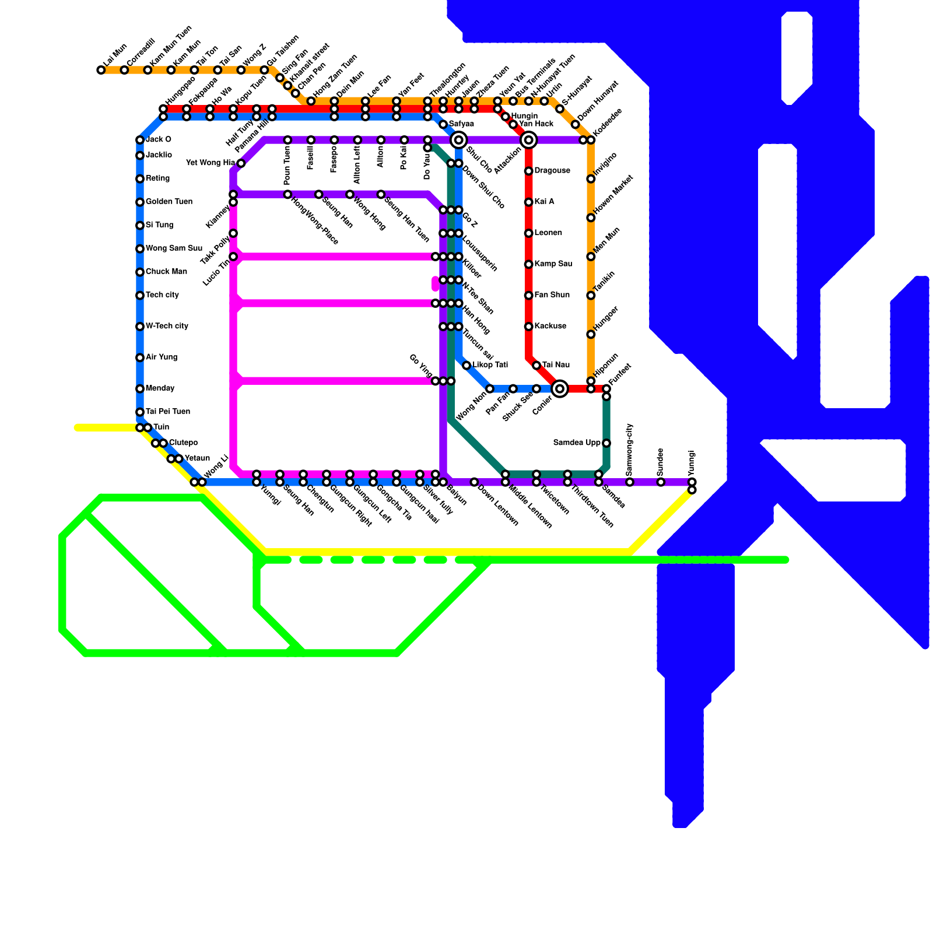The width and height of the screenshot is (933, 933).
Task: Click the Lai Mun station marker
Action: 101,70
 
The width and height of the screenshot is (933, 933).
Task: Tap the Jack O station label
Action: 158,140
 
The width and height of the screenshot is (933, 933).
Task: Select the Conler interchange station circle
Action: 560,388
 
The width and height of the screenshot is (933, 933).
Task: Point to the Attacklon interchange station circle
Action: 529,140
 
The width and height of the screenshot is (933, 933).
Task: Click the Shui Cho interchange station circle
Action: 459,140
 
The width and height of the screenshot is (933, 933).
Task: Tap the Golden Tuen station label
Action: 169,202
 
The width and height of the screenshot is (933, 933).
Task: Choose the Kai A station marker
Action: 529,202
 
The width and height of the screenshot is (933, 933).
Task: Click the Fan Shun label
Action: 552,295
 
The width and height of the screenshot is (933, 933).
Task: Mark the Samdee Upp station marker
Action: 606,443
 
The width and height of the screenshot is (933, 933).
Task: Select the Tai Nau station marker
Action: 536,365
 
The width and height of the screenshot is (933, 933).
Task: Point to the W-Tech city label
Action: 167,326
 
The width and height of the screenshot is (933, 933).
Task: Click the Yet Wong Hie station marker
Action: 241,163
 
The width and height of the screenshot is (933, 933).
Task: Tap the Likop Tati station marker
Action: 466,365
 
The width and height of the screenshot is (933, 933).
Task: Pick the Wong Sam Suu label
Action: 174,248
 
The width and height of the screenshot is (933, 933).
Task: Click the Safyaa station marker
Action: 443,124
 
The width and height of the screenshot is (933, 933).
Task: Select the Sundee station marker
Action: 661,482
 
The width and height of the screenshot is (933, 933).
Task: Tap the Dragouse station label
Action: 552,171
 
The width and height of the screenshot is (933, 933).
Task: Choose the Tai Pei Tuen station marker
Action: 140,412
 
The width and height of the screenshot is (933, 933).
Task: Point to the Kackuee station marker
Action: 529,327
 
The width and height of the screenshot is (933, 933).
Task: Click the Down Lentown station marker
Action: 474,482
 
